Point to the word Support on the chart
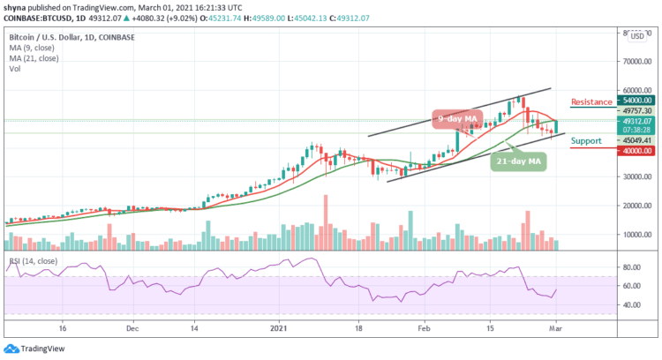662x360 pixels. pos(586,139)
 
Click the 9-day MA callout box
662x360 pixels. pos(456,118)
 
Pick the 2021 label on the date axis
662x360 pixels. pos(279,326)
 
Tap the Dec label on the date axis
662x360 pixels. pos(131,326)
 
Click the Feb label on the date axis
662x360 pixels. pos(425,326)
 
